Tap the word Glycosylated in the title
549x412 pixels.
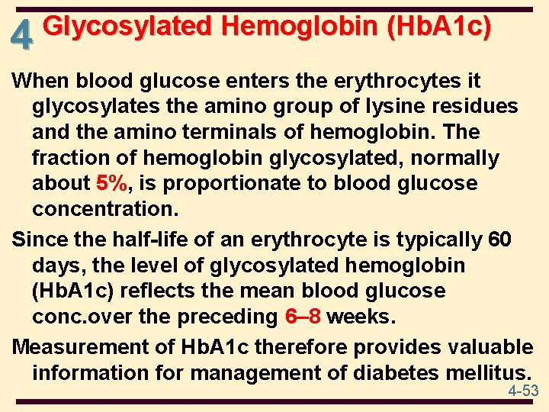[127, 27]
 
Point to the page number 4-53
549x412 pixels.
[524, 391]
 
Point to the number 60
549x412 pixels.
[500, 239]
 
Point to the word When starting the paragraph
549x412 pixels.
[39, 80]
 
